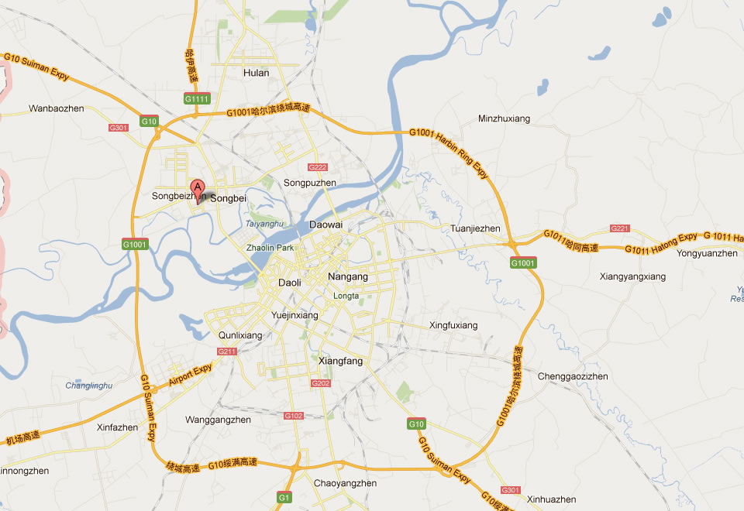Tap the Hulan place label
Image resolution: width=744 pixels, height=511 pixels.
[x=256, y=73]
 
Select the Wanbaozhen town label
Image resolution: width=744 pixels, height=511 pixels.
[x=55, y=108]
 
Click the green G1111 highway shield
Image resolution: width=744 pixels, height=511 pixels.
[x=196, y=99]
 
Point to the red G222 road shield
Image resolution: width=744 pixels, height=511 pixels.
[x=317, y=167]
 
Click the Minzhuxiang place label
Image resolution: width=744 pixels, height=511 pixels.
[x=504, y=118]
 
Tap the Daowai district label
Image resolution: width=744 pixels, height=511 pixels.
[x=325, y=225]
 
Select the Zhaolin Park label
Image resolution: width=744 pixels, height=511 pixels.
[x=270, y=248]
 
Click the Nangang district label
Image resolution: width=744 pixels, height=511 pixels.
[x=348, y=276]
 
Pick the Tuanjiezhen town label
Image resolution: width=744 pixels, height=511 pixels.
[x=475, y=228]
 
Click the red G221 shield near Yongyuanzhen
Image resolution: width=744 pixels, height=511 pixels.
[x=620, y=228]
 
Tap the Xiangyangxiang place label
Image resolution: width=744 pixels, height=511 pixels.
[x=632, y=276]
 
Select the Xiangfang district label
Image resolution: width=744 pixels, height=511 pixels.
[x=340, y=361]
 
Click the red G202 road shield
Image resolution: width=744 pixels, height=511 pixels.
[x=320, y=383]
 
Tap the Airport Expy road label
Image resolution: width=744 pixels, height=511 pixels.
[x=190, y=376]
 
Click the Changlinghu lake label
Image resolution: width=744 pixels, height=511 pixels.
[x=89, y=385]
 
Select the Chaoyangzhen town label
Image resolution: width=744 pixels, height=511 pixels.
[x=346, y=483]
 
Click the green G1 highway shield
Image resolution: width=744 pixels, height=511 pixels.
[x=284, y=496]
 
